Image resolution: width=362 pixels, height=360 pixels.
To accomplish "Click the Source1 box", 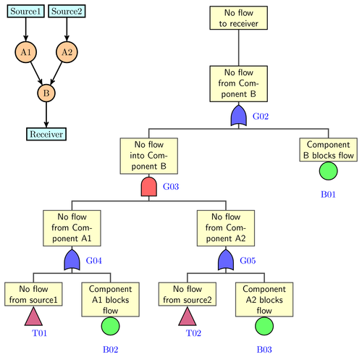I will [x=25, y=11].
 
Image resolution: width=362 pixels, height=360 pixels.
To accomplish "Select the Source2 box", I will [x=67, y=11].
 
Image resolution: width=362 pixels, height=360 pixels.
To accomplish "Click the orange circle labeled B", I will [x=46, y=93].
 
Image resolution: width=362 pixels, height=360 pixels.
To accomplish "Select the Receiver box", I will [x=46, y=134].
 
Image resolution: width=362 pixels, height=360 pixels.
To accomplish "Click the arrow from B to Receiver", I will [x=46, y=114].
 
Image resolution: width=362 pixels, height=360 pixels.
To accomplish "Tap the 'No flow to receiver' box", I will [x=239, y=19].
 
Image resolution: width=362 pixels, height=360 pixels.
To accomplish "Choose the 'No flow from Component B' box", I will [x=239, y=83].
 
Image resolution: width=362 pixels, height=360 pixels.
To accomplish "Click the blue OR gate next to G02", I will [x=239, y=116].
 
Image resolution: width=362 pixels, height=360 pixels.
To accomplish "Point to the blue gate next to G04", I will [x=72, y=260].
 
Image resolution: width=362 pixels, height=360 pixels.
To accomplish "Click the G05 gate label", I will [x=249, y=260].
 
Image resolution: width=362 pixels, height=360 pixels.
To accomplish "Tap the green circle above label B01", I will [x=328, y=171].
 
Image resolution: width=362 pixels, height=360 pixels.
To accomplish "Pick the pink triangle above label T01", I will [x=33, y=316].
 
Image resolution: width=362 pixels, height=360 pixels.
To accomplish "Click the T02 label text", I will [x=193, y=332].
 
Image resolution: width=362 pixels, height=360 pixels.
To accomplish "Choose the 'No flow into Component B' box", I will [x=148, y=156].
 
